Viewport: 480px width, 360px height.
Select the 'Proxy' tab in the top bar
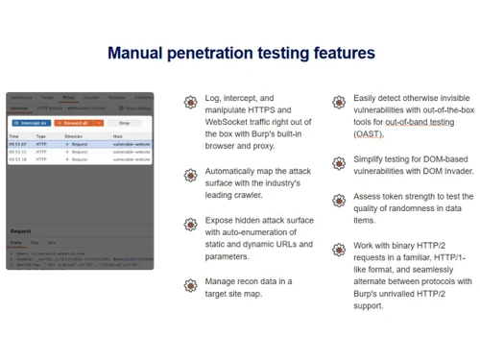pyautogui.click(x=68, y=97)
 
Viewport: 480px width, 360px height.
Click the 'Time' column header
pyautogui.click(x=15, y=136)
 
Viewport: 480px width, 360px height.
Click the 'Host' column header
pyautogui.click(x=117, y=136)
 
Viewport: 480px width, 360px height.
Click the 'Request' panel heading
pyautogui.click(x=21, y=231)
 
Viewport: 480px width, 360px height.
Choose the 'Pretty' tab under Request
pyautogui.click(x=17, y=243)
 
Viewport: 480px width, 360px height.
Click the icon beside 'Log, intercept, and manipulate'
pyautogui.click(x=188, y=101)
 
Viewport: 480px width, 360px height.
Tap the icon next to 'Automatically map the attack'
pyautogui.click(x=188, y=174)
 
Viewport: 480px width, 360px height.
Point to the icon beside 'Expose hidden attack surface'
pyautogui.click(x=188, y=224)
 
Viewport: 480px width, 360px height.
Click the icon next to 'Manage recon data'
pyautogui.click(x=188, y=284)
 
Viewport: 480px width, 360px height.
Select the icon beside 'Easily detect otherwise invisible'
pyautogui.click(x=339, y=101)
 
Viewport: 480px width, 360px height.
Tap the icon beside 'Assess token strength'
pyautogui.click(x=339, y=199)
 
